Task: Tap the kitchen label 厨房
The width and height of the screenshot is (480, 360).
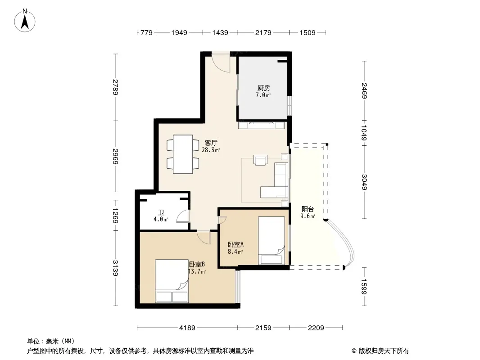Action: (x=263, y=88)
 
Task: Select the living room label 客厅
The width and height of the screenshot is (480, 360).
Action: (x=211, y=143)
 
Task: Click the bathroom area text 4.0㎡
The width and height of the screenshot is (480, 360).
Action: (x=161, y=219)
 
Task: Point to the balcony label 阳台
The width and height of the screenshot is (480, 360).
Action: (x=308, y=209)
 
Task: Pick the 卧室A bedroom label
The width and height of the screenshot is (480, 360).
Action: (x=235, y=245)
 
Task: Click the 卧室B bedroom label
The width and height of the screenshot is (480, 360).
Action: (x=197, y=264)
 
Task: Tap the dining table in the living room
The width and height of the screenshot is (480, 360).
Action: (x=183, y=154)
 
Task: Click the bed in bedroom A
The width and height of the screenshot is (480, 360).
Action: (x=272, y=240)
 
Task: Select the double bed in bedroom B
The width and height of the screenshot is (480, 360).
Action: (x=172, y=281)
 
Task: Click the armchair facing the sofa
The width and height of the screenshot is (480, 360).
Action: (x=260, y=160)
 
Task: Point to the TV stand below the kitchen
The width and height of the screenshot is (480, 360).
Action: (x=262, y=125)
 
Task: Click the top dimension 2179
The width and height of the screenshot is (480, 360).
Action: (x=263, y=32)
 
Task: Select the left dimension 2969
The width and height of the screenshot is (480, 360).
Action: (x=115, y=156)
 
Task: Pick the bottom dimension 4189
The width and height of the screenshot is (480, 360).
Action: (x=187, y=328)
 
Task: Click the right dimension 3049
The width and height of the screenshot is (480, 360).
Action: (x=364, y=182)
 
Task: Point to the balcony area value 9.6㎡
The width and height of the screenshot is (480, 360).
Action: (x=308, y=216)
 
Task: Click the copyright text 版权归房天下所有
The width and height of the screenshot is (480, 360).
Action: (x=384, y=351)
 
